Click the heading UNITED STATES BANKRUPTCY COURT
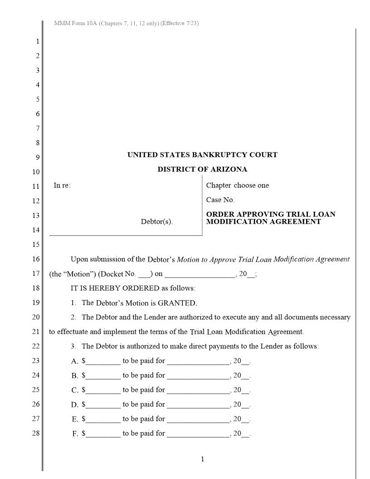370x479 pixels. tap(202, 155)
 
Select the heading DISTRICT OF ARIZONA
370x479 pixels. tap(202, 169)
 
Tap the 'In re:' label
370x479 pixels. tap(62, 185)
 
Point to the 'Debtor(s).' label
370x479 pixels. tap(157, 222)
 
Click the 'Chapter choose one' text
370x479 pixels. tap(237, 185)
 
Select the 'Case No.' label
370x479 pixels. tap(220, 200)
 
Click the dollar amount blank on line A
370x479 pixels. tap(103, 362)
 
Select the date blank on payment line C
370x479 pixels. tap(198, 391)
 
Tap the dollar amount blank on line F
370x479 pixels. tap(103, 434)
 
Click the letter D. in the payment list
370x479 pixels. tap(75, 405)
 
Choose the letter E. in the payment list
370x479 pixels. tap(75, 419)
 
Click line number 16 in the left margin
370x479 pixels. tap(36, 259)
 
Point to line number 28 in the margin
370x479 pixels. tap(36, 433)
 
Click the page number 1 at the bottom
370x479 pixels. tap(202, 459)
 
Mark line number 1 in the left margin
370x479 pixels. tap(38, 41)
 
